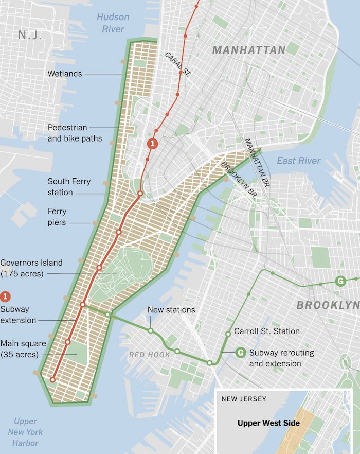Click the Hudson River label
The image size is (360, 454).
click(x=113, y=23)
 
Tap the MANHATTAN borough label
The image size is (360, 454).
click(x=248, y=50)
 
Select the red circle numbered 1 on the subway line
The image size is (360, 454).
click(x=152, y=144)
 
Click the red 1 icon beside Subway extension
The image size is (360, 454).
click(x=6, y=296)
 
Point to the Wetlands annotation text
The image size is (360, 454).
click(x=65, y=74)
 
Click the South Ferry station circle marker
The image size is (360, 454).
click(x=140, y=194)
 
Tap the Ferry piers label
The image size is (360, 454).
click(x=57, y=217)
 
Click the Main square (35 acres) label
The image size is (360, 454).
click(x=24, y=349)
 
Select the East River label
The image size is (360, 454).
click(x=298, y=161)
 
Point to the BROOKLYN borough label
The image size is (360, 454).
click(x=328, y=305)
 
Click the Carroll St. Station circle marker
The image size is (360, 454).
click(x=228, y=334)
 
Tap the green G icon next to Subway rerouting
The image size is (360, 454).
click(x=240, y=353)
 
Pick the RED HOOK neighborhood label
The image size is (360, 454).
click(x=150, y=355)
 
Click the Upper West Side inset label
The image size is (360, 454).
click(x=268, y=423)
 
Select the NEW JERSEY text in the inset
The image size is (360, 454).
click(x=244, y=399)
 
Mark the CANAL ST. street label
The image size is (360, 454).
click(x=177, y=64)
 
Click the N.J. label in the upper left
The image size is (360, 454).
click(x=30, y=35)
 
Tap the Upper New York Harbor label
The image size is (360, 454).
click(x=25, y=432)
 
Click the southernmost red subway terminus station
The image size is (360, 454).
click(x=52, y=380)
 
